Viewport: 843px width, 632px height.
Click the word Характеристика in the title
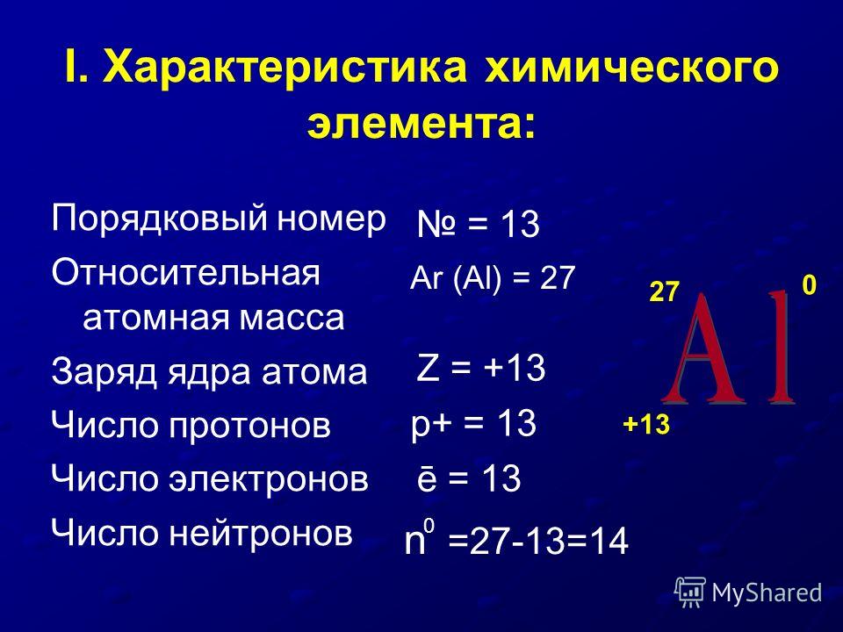(285, 68)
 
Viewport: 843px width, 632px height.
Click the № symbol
(436, 224)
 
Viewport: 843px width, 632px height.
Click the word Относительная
(186, 272)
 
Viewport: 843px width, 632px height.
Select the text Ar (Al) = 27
(493, 278)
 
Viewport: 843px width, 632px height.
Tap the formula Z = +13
(481, 368)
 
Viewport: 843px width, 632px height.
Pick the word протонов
(250, 426)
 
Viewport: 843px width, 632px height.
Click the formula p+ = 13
(473, 423)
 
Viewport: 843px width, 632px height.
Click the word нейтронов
(262, 533)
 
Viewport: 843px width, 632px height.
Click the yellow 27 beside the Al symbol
(665, 291)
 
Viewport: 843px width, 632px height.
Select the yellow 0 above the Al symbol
(809, 284)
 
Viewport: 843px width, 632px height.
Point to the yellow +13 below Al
(646, 425)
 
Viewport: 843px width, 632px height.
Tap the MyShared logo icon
(690, 592)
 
